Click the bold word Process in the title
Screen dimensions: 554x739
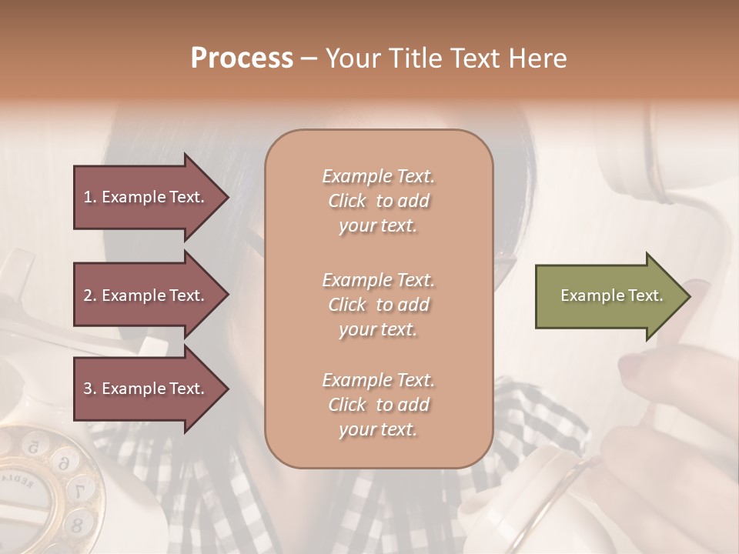point(242,58)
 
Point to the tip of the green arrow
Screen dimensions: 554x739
point(688,296)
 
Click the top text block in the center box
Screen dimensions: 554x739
point(378,201)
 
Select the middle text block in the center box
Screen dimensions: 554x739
point(378,305)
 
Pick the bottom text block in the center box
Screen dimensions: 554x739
point(378,405)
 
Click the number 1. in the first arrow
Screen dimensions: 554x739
point(89,197)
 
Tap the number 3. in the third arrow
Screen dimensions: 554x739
point(89,389)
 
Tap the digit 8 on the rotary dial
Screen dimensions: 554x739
point(76,525)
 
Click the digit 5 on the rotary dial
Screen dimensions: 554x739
point(32,446)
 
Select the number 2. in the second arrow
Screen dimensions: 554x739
point(89,295)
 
